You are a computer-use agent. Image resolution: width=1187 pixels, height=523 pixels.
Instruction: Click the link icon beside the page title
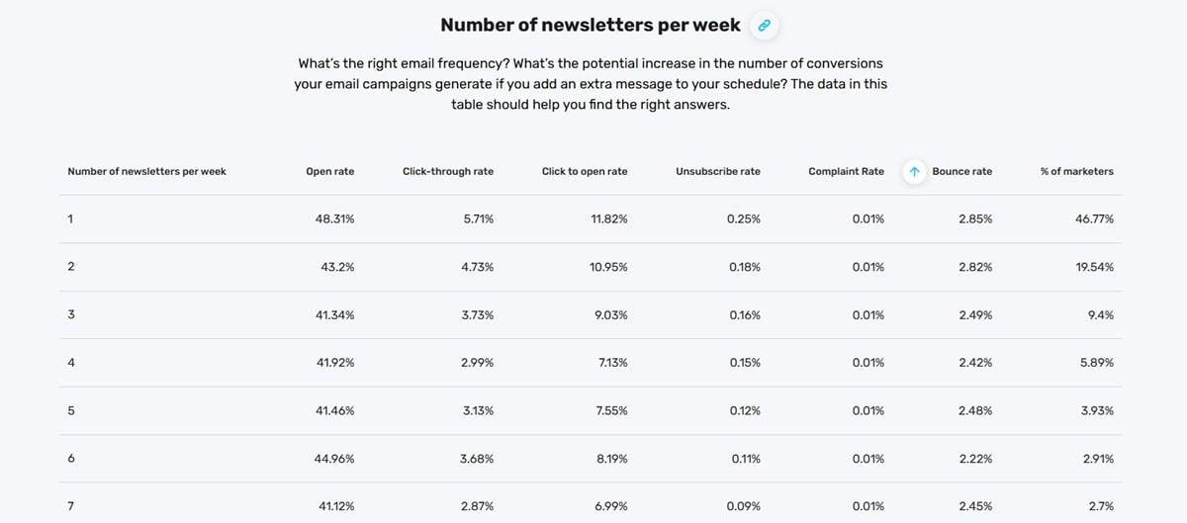coord(764,26)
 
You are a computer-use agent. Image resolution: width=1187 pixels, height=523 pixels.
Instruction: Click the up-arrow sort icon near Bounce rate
coord(914,172)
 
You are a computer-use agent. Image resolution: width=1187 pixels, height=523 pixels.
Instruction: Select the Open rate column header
coord(329,172)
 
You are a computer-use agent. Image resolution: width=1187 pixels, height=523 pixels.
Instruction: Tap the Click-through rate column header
coord(447,172)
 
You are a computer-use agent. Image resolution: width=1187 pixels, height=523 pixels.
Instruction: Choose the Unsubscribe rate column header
coord(717,172)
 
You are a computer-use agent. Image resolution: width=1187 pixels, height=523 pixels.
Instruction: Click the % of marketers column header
coord(1076,172)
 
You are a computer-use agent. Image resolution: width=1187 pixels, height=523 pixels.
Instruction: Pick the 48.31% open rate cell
coord(334,218)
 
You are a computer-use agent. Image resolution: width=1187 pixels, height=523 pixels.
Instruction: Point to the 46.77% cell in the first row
coord(1094,218)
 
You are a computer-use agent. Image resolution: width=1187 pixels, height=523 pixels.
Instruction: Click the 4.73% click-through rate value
coord(478,267)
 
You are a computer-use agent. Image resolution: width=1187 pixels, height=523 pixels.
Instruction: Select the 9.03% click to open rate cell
coord(608,314)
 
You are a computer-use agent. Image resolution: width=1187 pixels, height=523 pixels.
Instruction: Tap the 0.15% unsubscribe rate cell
coord(743,363)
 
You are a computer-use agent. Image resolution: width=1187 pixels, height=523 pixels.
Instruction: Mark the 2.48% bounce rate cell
coord(974,410)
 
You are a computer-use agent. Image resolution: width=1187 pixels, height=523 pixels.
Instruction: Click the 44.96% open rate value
coord(334,459)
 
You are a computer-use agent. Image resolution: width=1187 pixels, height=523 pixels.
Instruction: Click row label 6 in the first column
coord(71,459)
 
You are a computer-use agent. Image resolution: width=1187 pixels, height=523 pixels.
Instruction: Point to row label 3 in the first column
coord(71,314)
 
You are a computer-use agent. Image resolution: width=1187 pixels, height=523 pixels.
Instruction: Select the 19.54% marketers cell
coord(1094,267)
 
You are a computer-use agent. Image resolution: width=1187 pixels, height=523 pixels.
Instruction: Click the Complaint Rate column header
coord(846,172)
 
